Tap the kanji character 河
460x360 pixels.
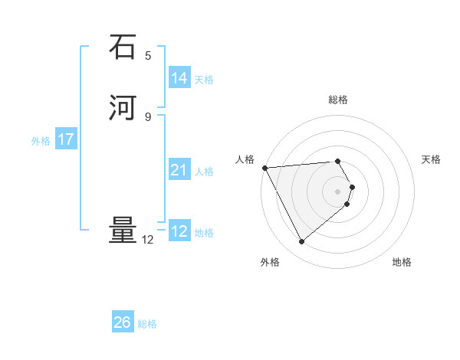(x=123, y=108)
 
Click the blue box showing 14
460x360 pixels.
(x=179, y=77)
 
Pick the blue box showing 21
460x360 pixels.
(x=179, y=170)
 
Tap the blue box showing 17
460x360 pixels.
(x=66, y=139)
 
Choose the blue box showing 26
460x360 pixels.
(x=123, y=322)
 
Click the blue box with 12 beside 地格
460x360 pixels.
(x=179, y=231)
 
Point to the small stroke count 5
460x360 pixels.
(x=148, y=55)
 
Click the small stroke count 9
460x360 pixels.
(x=148, y=116)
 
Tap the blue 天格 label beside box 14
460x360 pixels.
(x=204, y=79)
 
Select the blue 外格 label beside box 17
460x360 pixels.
(x=41, y=141)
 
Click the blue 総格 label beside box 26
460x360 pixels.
(x=147, y=324)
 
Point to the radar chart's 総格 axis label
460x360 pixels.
(x=338, y=100)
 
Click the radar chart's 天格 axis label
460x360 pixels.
(x=432, y=159)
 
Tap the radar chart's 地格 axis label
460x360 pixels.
(x=402, y=262)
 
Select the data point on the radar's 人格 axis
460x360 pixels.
(x=264, y=167)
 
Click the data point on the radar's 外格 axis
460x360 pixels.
(x=302, y=242)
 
